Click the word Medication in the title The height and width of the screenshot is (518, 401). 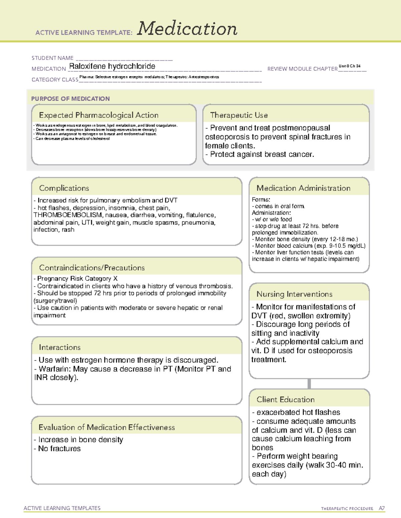[x=187, y=29]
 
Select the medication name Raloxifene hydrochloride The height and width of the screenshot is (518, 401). [x=112, y=66]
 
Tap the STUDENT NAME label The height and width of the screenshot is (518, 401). [x=52, y=58]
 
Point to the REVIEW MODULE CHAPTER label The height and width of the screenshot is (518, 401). [x=302, y=69]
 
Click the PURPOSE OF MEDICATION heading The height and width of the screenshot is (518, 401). [x=71, y=99]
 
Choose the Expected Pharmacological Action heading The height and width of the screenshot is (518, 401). [x=99, y=115]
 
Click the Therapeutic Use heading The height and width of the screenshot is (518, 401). [x=239, y=115]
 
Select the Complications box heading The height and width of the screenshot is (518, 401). [x=64, y=188]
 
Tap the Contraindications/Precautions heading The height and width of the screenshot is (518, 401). [x=92, y=268]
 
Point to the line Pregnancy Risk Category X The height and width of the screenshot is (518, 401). [x=77, y=279]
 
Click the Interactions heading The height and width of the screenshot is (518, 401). [x=59, y=347]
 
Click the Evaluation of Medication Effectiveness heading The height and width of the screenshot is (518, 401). [x=107, y=427]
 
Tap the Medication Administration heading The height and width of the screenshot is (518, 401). [x=303, y=188]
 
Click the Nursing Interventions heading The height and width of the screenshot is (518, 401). [x=294, y=294]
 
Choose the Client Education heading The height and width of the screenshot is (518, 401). [x=285, y=399]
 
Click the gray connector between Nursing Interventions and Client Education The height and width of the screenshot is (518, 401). [x=309, y=384]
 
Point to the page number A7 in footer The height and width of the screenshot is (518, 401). [x=382, y=508]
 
